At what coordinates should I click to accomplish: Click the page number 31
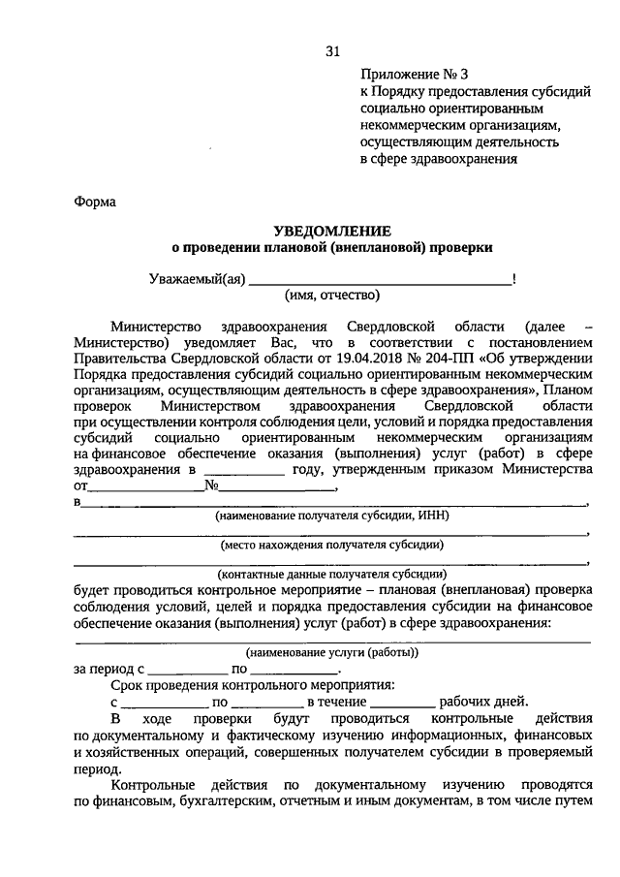pyautogui.click(x=333, y=51)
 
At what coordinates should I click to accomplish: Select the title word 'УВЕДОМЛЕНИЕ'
pyautogui.click(x=332, y=231)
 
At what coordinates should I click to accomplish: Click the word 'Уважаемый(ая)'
pyautogui.click(x=198, y=280)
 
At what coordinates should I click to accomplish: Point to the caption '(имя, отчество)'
pyautogui.click(x=332, y=296)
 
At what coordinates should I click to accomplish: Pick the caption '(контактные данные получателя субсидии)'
pyautogui.click(x=332, y=573)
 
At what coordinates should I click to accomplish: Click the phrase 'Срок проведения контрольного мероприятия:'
pyautogui.click(x=252, y=685)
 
